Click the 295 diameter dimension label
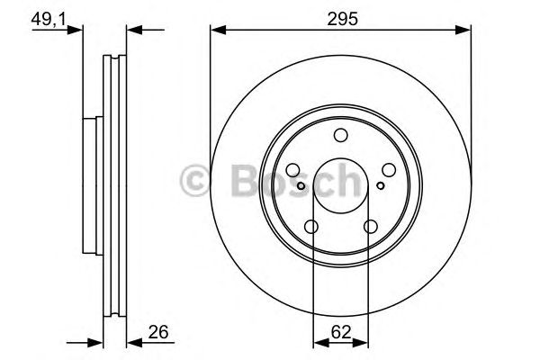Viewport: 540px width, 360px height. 340,16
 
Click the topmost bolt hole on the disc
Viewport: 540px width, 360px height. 340,136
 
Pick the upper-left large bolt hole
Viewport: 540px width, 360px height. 294,170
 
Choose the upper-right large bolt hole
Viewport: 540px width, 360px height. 387,170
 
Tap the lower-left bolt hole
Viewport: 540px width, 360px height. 311,227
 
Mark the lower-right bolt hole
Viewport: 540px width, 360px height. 369,227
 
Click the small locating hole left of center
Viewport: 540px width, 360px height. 301,186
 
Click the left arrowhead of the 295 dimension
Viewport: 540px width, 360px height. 215,31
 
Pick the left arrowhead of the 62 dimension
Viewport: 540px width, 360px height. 316,341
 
